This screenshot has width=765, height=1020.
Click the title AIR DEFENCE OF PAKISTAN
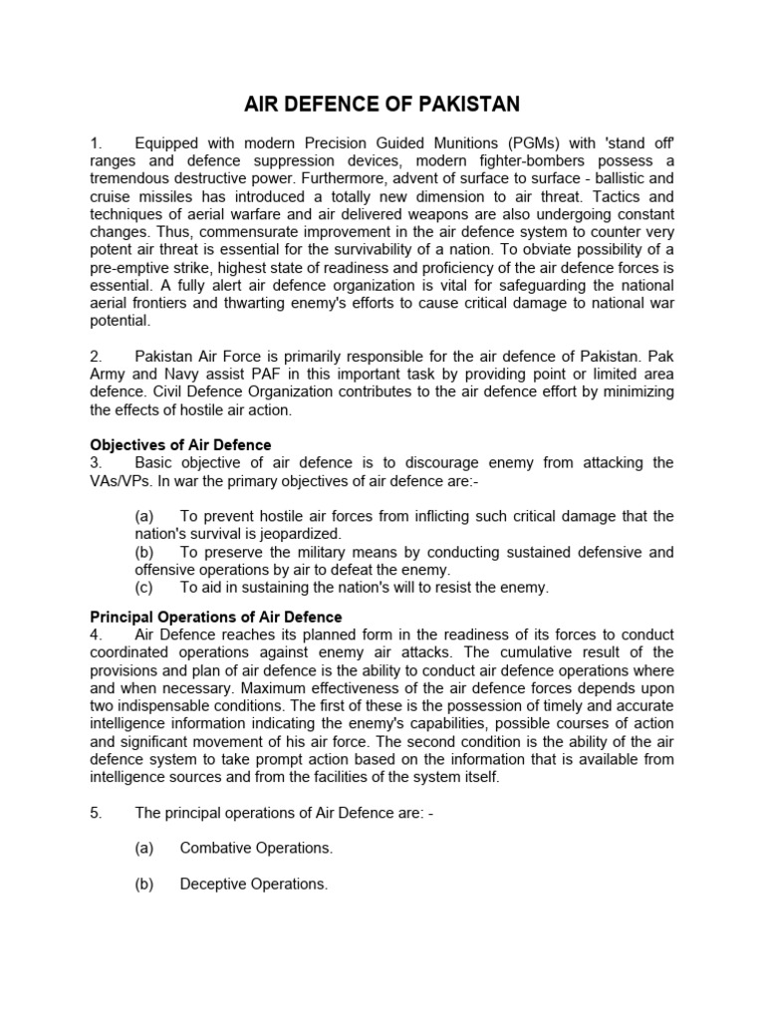tap(382, 105)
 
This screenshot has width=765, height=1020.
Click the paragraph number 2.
tap(96, 356)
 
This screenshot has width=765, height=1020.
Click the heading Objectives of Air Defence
tap(180, 445)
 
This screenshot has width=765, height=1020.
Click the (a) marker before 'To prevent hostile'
tap(144, 516)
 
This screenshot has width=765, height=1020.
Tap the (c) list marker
tap(144, 588)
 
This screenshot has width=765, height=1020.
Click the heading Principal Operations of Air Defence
tap(216, 618)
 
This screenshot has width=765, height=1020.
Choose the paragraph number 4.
tap(96, 636)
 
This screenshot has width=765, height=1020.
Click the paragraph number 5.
tap(96, 812)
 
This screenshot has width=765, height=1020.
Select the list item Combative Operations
tap(256, 848)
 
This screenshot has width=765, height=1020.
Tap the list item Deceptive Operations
tap(254, 884)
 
